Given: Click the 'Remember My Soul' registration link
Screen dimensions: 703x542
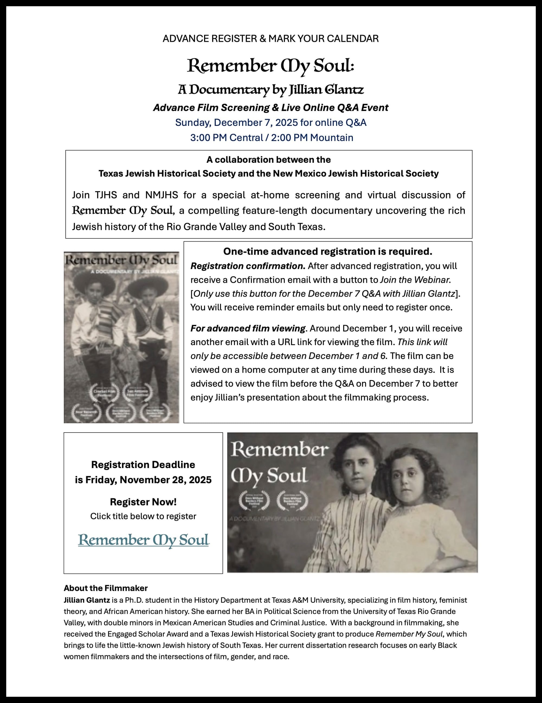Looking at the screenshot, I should (x=143, y=540).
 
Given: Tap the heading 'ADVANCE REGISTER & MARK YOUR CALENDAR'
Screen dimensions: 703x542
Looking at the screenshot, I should (x=271, y=39).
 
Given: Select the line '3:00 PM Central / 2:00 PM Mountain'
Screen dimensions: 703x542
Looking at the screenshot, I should (x=271, y=138).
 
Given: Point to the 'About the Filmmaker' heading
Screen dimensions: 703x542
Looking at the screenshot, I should (x=105, y=588).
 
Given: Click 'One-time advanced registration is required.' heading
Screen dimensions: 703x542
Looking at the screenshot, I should (x=328, y=252).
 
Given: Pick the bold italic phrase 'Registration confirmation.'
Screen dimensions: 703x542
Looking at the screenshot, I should (x=248, y=266).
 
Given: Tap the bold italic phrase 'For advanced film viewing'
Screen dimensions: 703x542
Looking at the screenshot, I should (x=247, y=328).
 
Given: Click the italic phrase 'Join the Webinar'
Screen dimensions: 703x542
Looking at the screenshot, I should (x=415, y=280).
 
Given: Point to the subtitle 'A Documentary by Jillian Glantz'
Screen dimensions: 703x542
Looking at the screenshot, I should (x=271, y=90).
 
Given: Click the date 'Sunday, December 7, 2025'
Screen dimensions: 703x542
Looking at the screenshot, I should (x=236, y=123).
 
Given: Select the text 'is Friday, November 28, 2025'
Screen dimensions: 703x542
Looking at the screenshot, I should (x=143, y=480).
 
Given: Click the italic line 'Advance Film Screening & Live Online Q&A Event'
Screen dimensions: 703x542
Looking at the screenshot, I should (x=271, y=107).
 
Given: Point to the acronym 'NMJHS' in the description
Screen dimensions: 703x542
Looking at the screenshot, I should (x=161, y=195).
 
